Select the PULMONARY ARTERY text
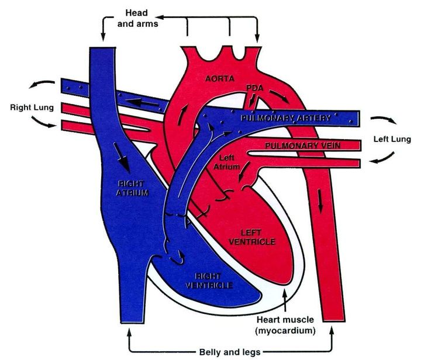click(x=284, y=117)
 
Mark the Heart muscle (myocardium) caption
click(x=285, y=324)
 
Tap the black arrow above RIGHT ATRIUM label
click(x=122, y=153)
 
